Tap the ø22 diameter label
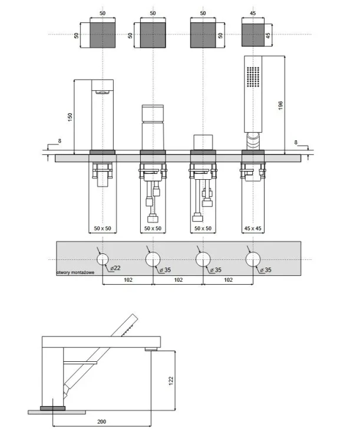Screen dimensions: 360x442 (115, 268)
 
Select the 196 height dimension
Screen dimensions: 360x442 (280, 105)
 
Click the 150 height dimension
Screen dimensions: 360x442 (70, 117)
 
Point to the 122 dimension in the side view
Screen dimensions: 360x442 (171, 381)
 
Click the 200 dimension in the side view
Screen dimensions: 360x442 (101, 422)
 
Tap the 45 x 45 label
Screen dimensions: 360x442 (253, 228)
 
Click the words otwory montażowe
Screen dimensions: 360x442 (75, 272)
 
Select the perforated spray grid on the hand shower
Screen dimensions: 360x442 (253, 77)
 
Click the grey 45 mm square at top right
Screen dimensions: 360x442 (253, 35)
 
